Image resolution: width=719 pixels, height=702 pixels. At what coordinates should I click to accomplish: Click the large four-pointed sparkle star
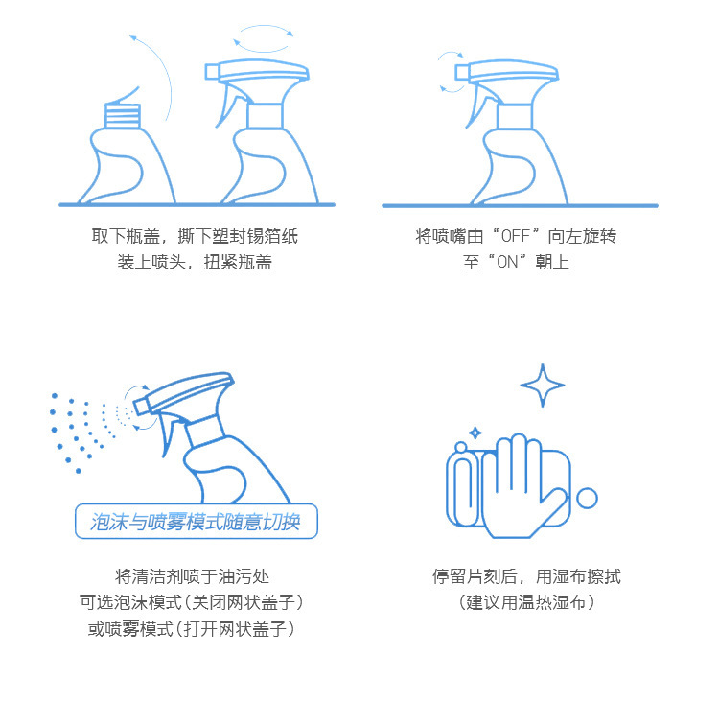click(x=543, y=386)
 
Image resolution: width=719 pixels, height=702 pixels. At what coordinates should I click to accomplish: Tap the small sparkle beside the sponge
click(x=474, y=433)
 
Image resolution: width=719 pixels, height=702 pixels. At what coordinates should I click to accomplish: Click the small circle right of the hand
click(x=587, y=498)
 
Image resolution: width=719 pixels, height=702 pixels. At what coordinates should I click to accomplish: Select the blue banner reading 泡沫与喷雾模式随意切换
click(x=196, y=522)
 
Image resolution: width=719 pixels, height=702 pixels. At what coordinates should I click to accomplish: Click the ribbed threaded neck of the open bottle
click(x=122, y=116)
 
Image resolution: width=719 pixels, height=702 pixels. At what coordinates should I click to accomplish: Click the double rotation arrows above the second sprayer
click(x=265, y=38)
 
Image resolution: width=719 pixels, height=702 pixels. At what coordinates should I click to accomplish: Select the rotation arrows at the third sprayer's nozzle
click(x=447, y=73)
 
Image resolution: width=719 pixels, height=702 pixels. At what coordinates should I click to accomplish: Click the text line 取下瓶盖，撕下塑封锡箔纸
click(x=195, y=236)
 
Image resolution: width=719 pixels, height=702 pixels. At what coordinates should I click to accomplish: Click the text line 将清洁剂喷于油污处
click(x=192, y=576)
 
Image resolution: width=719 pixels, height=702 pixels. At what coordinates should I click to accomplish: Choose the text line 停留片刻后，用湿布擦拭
click(x=526, y=576)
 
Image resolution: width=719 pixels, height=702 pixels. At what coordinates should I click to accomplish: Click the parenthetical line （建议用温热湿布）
click(x=526, y=602)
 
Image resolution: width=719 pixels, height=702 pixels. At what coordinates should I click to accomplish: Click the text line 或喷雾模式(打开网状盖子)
click(x=192, y=628)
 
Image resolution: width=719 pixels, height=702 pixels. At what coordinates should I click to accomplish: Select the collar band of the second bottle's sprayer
click(x=265, y=115)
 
